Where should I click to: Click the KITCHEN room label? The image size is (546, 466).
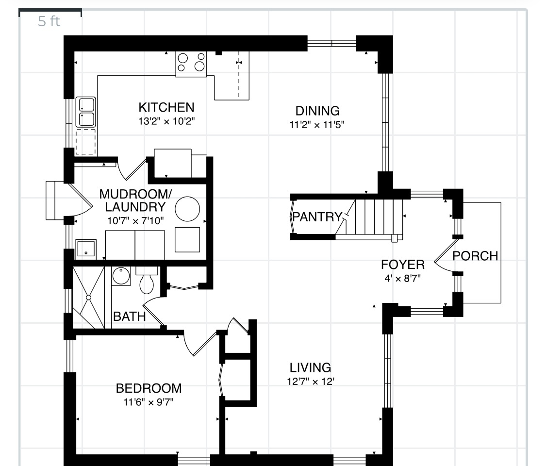166,107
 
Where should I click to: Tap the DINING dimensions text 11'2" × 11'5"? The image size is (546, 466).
317,125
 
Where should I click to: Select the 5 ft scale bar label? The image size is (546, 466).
49,21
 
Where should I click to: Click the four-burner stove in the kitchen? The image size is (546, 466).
191,64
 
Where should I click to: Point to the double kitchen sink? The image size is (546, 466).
86,112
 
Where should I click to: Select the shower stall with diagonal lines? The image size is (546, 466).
88,297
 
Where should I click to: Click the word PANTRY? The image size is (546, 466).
317,216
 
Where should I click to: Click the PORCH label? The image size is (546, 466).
475,256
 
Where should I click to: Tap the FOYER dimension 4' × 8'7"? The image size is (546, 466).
402,279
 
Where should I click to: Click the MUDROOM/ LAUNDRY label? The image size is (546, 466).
135,200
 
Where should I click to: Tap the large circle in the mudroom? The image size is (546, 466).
187,209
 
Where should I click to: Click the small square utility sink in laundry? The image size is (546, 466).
86,249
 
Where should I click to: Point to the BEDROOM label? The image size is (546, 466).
149,388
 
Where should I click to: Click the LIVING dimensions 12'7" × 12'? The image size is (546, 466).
311,382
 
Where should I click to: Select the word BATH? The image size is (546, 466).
129,316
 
